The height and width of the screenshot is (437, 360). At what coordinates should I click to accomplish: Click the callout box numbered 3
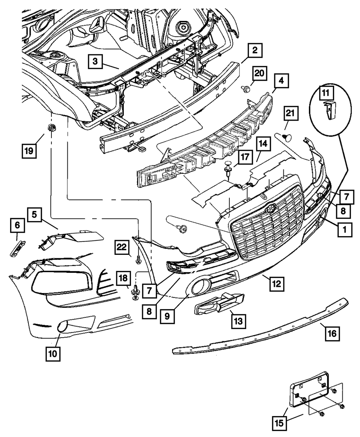(x=95, y=62)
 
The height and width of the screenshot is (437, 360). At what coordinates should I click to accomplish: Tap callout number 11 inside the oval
(x=326, y=93)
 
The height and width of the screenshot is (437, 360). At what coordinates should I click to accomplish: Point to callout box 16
(x=332, y=334)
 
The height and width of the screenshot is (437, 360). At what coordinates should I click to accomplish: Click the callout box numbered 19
(x=30, y=150)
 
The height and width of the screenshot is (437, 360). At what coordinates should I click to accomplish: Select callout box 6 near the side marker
(x=17, y=226)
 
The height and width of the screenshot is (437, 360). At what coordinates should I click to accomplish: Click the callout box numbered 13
(x=239, y=319)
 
